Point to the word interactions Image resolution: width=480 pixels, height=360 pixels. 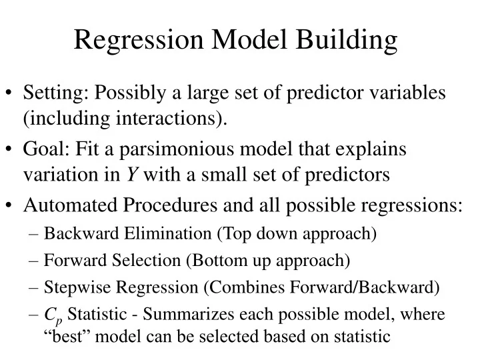click(177, 119)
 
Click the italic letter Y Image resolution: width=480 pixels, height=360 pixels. click(132, 175)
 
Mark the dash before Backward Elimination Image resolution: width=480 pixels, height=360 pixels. click(35, 234)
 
